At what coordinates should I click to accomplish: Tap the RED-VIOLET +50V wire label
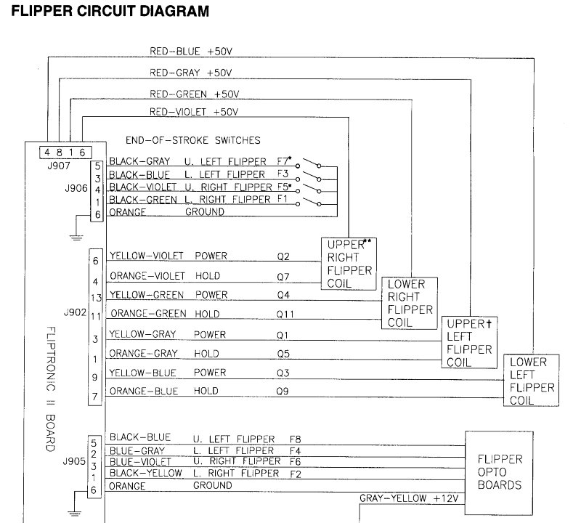[x=194, y=112]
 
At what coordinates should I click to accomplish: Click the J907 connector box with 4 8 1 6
[x=65, y=152]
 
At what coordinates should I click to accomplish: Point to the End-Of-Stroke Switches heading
[x=193, y=139]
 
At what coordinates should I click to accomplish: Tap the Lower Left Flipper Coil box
[x=531, y=380]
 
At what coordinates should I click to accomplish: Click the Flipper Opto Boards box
[x=500, y=472]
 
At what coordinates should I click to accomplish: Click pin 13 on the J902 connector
[x=95, y=297]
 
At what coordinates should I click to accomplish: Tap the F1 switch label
[x=283, y=198]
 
